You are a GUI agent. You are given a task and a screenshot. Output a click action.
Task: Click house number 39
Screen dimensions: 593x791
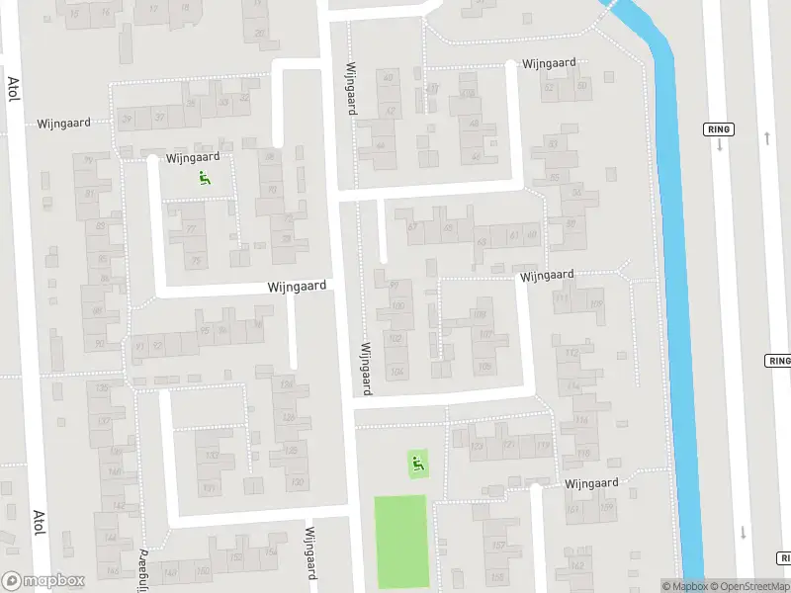click(x=126, y=120)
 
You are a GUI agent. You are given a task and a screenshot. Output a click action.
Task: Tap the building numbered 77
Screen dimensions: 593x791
click(x=191, y=230)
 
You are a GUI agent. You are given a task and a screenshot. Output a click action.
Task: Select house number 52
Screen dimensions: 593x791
click(x=550, y=87)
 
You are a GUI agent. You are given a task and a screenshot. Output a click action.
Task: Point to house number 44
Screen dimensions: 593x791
click(x=380, y=145)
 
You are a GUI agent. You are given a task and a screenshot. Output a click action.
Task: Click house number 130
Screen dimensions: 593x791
click(x=298, y=482)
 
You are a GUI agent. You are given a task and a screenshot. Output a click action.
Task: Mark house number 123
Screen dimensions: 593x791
click(x=479, y=446)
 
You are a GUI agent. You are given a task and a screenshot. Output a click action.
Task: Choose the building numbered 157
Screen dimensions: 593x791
click(x=499, y=546)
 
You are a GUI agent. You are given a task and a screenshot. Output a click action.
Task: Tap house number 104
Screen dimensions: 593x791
click(x=397, y=372)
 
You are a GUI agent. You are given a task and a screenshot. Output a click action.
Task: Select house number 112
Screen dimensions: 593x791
click(x=570, y=353)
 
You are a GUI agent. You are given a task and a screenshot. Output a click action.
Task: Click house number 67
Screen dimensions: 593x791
click(x=412, y=226)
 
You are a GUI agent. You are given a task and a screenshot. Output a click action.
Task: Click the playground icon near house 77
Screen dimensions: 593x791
click(x=205, y=178)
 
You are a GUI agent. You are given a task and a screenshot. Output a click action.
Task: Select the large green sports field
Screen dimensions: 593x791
click(x=400, y=540)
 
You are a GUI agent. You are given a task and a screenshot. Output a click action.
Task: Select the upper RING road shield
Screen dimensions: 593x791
click(x=718, y=129)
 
